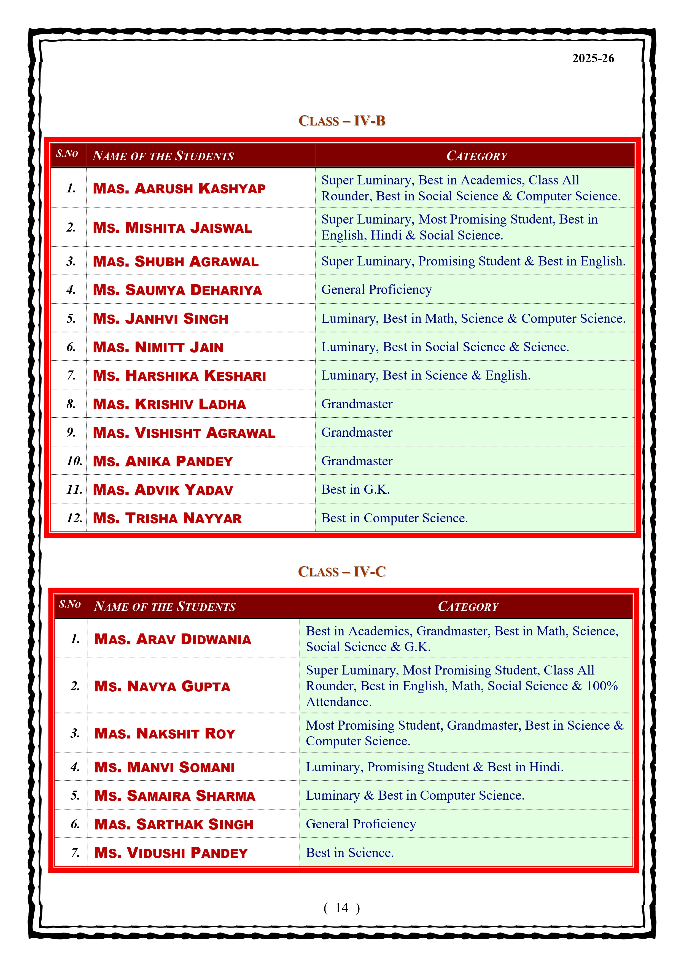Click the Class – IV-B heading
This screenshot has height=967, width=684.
coord(341,121)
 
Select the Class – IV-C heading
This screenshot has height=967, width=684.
coord(341,571)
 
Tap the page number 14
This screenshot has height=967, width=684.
coord(341,908)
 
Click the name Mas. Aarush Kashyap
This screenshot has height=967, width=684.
coord(179,188)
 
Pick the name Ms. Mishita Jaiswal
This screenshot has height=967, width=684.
coord(172,227)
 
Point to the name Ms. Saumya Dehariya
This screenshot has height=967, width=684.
coord(177,290)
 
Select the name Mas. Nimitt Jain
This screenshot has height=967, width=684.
coord(158,347)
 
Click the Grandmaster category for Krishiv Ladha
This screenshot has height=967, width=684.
coord(357,404)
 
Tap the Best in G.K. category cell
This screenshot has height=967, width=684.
coord(356,489)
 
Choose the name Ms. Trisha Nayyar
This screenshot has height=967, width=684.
coord(167,518)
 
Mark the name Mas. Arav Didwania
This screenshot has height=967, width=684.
coord(173,639)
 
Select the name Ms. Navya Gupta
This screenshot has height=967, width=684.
coord(162,686)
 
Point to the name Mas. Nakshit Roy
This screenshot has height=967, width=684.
coord(165,733)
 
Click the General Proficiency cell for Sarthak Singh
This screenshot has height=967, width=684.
coord(361,824)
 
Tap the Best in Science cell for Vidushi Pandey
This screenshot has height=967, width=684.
coord(350,852)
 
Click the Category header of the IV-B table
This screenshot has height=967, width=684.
coord(477,156)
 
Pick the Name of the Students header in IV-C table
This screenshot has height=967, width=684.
coord(165,606)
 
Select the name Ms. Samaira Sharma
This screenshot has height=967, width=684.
coord(175,796)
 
